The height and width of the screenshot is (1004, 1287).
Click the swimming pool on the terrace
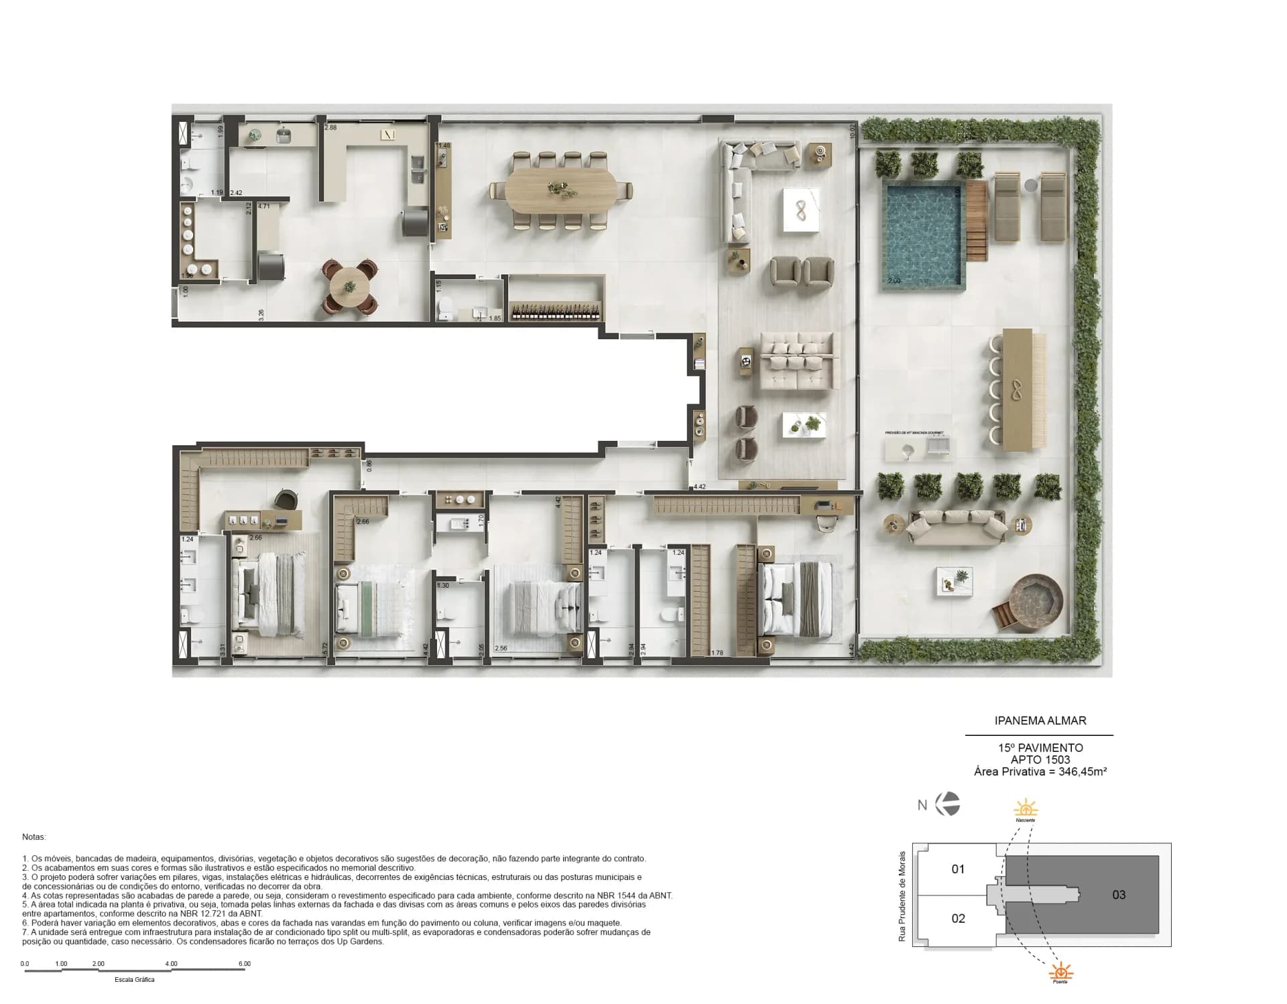point(922,233)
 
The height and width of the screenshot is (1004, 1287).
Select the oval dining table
point(559,190)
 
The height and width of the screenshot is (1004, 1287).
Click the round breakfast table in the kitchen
point(349,286)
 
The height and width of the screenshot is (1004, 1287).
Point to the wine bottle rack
point(556,311)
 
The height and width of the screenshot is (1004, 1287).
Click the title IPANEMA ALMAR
point(1040,720)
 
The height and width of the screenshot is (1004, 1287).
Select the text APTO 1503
point(1040,759)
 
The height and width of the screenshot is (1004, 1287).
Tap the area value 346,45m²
point(1082,771)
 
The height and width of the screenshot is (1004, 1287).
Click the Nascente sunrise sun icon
point(1026,807)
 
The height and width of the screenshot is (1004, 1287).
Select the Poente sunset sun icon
point(1060,971)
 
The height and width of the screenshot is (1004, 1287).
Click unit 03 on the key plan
point(1119,895)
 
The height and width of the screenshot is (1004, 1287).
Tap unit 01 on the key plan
point(958,869)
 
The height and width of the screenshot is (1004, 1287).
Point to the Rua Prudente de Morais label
point(902,896)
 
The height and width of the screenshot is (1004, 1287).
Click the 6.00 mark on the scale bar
point(245,964)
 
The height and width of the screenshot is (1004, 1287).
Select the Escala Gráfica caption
point(134,980)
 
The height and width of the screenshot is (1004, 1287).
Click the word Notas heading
point(34,837)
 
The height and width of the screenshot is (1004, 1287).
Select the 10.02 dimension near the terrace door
point(853,131)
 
